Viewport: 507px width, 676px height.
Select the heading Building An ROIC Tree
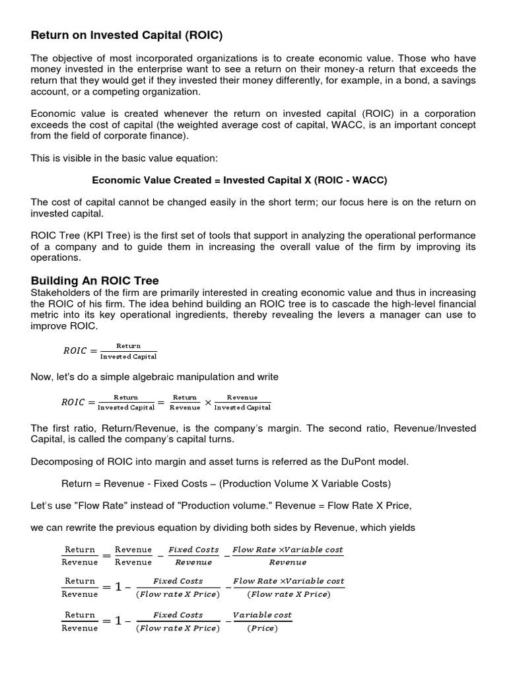(x=95, y=281)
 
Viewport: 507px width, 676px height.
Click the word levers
(x=349, y=315)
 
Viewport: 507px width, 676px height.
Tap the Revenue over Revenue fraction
(x=133, y=555)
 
